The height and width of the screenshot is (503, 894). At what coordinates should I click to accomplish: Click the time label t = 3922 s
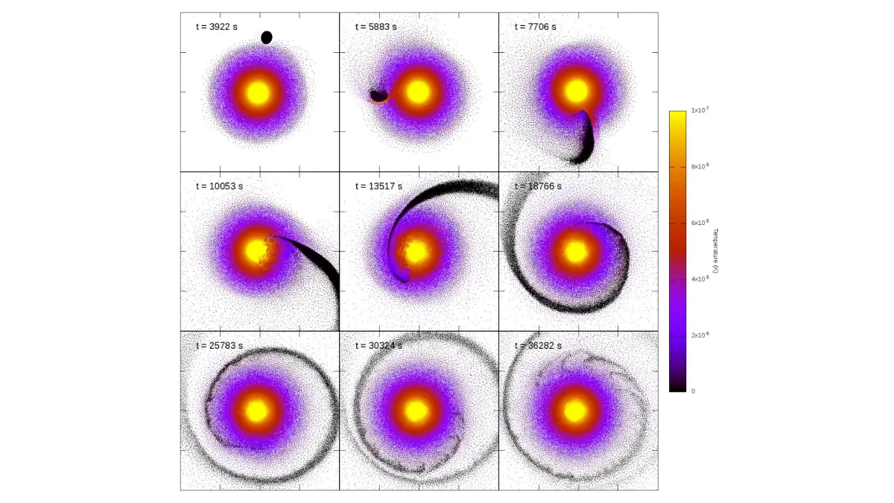pyautogui.click(x=217, y=27)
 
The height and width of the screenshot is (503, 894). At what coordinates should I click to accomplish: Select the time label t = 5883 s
pyautogui.click(x=376, y=27)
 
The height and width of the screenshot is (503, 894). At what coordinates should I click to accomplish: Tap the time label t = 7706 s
pyautogui.click(x=536, y=27)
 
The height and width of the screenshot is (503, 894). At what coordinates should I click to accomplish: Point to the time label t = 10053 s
pyautogui.click(x=220, y=186)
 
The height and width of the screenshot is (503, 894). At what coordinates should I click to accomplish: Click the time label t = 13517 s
pyautogui.click(x=379, y=186)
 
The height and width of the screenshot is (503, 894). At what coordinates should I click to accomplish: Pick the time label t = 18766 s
pyautogui.click(x=539, y=186)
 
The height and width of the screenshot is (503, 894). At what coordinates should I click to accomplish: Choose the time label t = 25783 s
pyautogui.click(x=220, y=346)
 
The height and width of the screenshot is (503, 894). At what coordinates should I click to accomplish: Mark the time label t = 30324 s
pyautogui.click(x=379, y=346)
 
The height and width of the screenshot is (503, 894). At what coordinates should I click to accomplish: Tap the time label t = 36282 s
pyautogui.click(x=539, y=346)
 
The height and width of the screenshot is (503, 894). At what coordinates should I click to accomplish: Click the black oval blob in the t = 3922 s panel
pyautogui.click(x=267, y=37)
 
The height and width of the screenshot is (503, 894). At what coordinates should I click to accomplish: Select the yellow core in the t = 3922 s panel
pyautogui.click(x=258, y=92)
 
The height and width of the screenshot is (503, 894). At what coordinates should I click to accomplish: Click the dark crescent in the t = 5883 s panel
pyautogui.click(x=379, y=95)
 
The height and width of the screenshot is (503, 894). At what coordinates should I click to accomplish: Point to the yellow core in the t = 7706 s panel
pyautogui.click(x=576, y=92)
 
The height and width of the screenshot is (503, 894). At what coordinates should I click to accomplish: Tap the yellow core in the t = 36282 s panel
pyautogui.click(x=575, y=411)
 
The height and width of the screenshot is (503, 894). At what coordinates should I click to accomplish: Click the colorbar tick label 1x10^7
pyautogui.click(x=699, y=110)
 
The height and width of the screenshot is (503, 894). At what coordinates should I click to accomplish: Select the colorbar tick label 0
pyautogui.click(x=693, y=390)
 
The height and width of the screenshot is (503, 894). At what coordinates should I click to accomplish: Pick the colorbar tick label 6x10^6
pyautogui.click(x=699, y=223)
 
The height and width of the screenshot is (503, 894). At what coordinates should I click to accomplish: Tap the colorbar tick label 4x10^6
pyautogui.click(x=699, y=279)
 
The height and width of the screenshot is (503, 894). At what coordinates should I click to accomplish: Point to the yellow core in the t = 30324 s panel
pyautogui.click(x=416, y=411)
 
